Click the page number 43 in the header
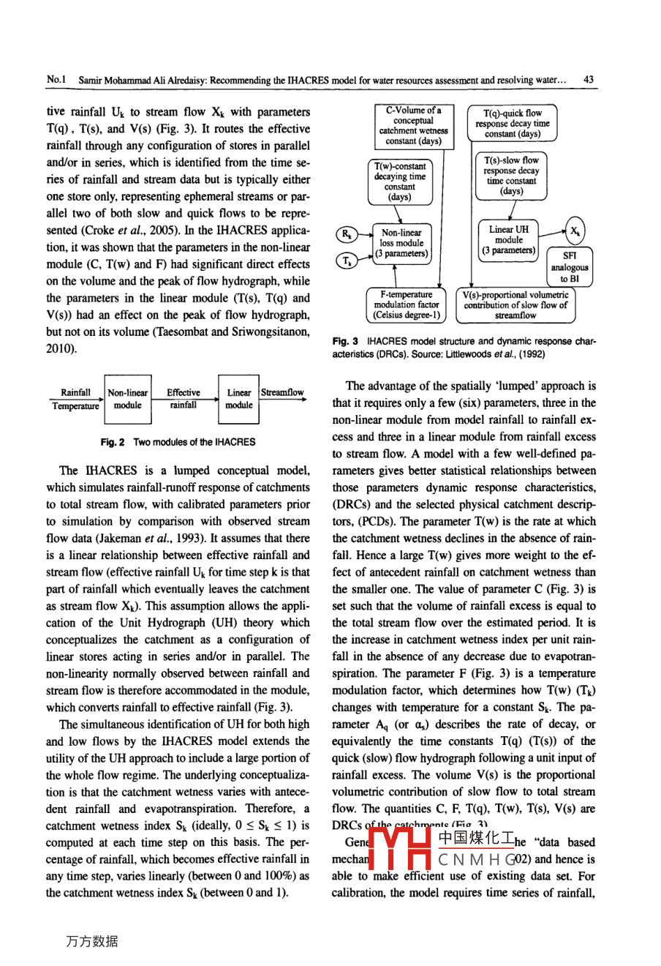click(x=589, y=80)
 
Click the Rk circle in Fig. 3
click(x=347, y=234)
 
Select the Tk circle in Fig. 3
click(x=347, y=260)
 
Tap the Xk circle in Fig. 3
click(x=575, y=231)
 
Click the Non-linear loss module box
click(x=401, y=244)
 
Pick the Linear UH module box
click(x=509, y=239)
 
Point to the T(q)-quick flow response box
click(x=513, y=124)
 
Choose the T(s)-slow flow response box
click(x=512, y=176)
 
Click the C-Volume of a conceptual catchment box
click(x=413, y=126)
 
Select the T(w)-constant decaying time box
click(x=400, y=181)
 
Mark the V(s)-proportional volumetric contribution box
click(x=515, y=304)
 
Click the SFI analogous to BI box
click(x=570, y=267)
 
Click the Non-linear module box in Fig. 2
click(x=127, y=399)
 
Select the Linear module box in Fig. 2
click(x=239, y=399)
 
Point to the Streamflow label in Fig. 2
click(x=282, y=392)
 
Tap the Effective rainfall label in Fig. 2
click(x=184, y=399)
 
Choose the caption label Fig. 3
click(x=345, y=341)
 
